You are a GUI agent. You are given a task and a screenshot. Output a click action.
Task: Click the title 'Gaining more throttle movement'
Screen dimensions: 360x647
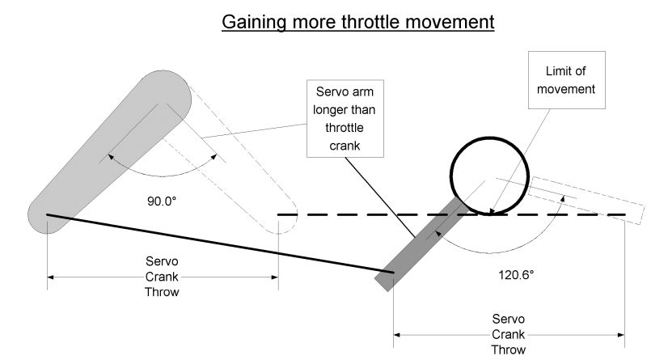click(x=358, y=21)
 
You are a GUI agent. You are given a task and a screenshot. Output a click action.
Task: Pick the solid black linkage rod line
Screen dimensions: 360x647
click(x=218, y=244)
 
